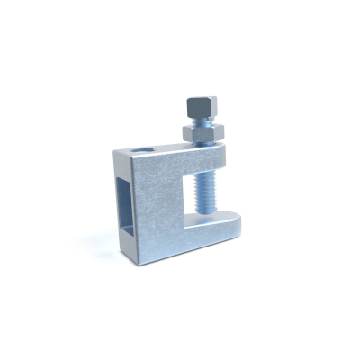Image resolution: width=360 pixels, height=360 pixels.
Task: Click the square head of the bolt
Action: click(x=200, y=111)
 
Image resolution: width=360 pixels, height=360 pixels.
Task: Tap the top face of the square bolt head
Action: click(x=200, y=101)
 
